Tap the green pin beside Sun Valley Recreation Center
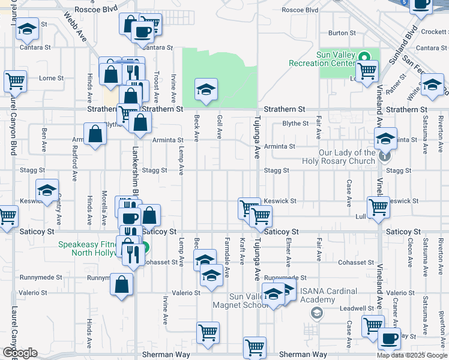[x=364, y=58]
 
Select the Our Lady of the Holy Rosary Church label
[x=347, y=157]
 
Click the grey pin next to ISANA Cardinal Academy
[x=316, y=312]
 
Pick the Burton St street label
[x=339, y=32]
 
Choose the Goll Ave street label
[x=219, y=125]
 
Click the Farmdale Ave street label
[x=227, y=264]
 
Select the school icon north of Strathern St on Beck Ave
[x=206, y=90]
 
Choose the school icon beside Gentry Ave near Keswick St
[x=47, y=190]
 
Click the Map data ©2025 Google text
[x=412, y=355]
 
